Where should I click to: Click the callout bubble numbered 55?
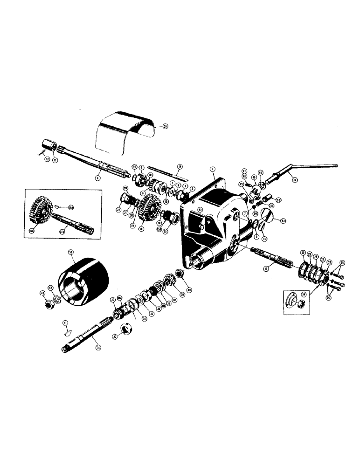(x=165, y=126)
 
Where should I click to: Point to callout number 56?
(x=71, y=252)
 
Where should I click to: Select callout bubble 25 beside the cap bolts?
(x=342, y=263)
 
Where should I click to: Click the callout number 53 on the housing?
(x=200, y=211)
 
